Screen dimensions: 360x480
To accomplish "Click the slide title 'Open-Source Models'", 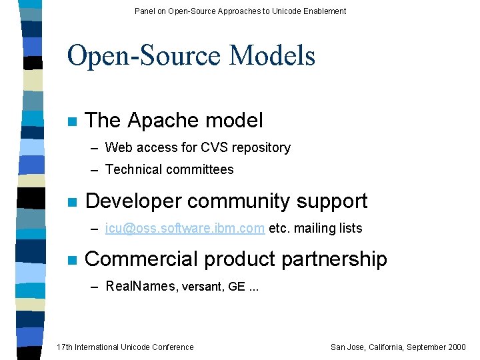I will tap(191, 55).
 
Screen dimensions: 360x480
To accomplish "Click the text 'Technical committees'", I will tap(169, 169).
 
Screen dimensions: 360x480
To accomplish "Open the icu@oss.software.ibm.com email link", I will tap(185, 228).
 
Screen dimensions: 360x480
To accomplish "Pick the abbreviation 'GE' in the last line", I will tap(236, 286).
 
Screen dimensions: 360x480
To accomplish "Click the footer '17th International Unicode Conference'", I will tap(125, 347).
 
